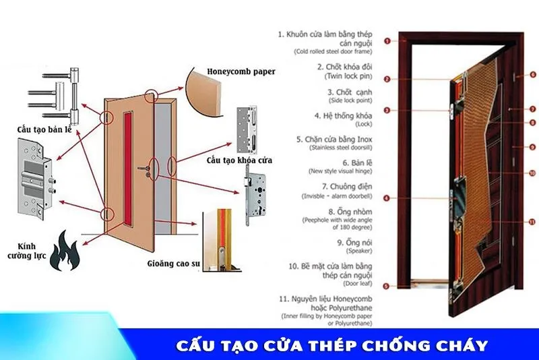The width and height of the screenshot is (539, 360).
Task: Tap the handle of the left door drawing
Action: [x=143, y=170]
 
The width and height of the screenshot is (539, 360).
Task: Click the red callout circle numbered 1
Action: [x=387, y=41]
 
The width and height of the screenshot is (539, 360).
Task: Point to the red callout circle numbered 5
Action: [x=386, y=286]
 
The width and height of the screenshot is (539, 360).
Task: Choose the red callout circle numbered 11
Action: [x=531, y=222]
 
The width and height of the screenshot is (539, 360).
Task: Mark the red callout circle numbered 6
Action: [x=532, y=74]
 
